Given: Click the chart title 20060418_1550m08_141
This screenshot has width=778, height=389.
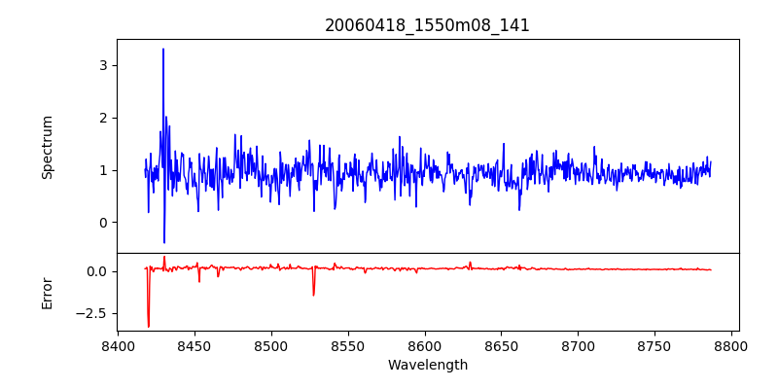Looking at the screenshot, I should point(427,25).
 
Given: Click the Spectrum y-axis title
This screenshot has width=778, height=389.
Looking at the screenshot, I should point(48,147).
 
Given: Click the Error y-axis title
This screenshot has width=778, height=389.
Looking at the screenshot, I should point(48,293).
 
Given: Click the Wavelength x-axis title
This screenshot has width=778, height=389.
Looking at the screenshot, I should point(427,366).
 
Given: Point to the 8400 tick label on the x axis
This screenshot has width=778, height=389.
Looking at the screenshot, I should point(118,346).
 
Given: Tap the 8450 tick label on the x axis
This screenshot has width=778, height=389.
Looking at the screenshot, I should point(194,346).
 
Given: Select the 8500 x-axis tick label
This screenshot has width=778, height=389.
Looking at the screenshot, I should point(271,346).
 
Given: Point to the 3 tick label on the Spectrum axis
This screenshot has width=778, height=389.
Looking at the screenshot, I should point(101,65).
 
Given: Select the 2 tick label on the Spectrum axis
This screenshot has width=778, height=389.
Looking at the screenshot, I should point(101,118).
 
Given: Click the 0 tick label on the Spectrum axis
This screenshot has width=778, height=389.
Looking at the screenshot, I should point(101,223).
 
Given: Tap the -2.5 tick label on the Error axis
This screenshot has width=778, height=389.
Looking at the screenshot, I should point(92,313).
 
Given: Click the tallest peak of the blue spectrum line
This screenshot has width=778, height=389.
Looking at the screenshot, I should point(163,49).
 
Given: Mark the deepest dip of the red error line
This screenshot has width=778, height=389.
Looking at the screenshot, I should point(148,327).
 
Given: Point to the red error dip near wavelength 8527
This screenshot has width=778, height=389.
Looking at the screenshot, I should point(313,295).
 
